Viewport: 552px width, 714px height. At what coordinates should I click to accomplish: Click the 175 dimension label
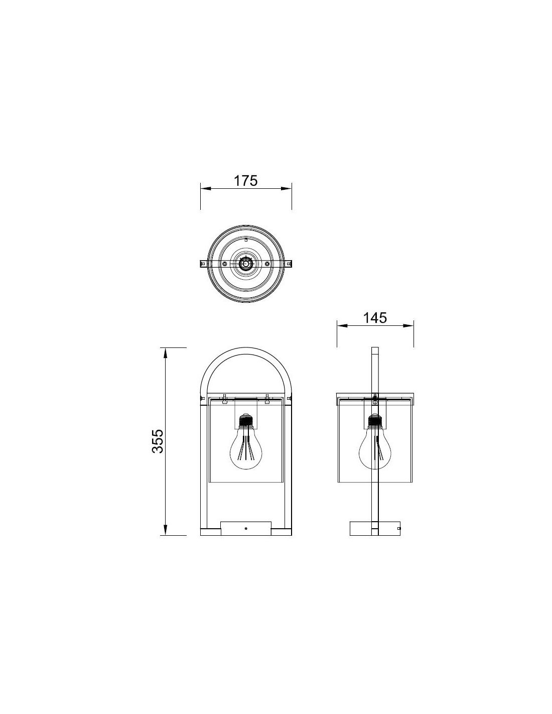[x=245, y=180]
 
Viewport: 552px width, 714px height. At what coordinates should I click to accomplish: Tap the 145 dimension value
[x=375, y=318]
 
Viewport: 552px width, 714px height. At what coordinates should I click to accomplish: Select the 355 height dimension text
[x=158, y=441]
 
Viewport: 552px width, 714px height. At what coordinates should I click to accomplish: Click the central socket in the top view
[x=245, y=263]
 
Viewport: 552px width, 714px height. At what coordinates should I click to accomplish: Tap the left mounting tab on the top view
[x=204, y=263]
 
